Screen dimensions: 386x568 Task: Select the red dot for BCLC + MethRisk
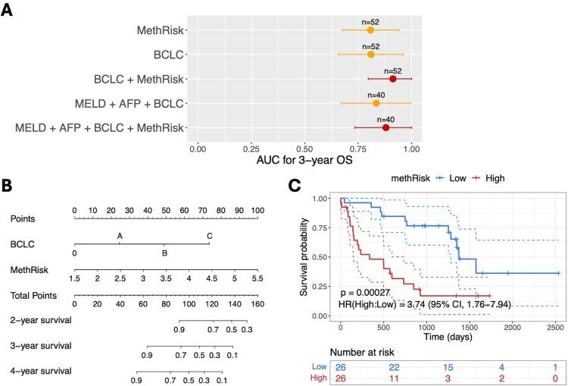click(392, 78)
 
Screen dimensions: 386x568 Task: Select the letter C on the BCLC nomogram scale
click(210, 236)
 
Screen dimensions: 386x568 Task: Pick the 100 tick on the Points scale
click(257, 209)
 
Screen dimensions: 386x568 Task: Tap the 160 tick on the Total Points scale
click(257, 303)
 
